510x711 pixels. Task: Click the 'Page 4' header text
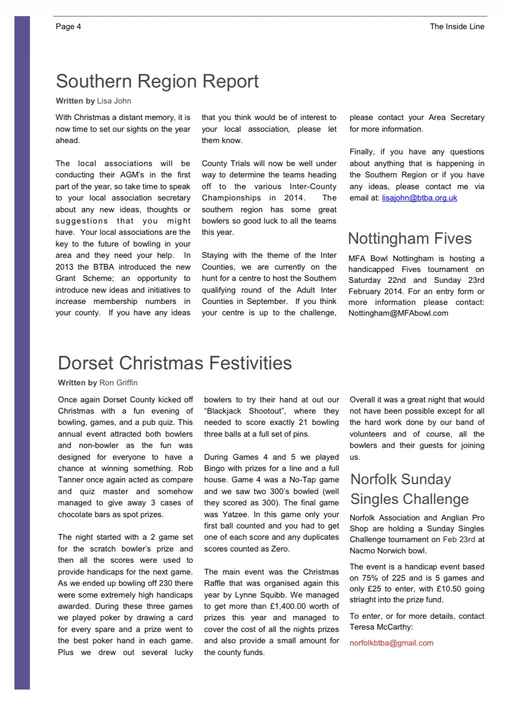(x=68, y=26)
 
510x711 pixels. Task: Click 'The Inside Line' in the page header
(x=457, y=26)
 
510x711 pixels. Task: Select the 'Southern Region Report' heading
(x=157, y=81)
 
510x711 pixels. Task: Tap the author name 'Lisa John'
(x=114, y=101)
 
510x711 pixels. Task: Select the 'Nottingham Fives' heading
(x=410, y=238)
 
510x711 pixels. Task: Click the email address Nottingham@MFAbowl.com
(x=398, y=313)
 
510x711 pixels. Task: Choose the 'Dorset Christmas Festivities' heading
(x=175, y=363)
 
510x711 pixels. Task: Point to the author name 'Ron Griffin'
(x=118, y=383)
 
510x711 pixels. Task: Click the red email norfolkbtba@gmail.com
(x=391, y=643)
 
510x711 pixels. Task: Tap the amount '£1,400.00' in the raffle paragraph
(x=288, y=606)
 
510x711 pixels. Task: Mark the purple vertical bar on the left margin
(x=22, y=353)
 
